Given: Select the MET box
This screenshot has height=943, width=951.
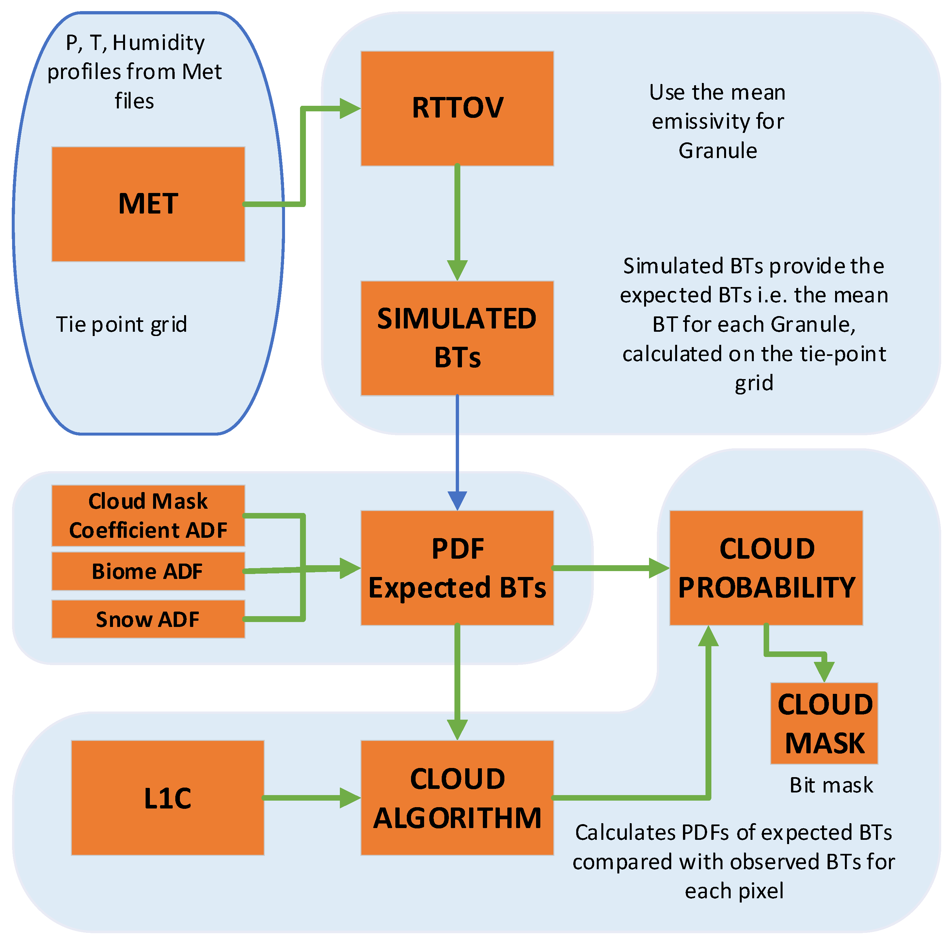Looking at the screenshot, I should pos(148,204).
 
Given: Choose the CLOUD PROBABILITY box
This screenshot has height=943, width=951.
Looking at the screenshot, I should pos(766,568).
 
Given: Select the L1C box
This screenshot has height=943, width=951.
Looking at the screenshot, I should pos(167,798).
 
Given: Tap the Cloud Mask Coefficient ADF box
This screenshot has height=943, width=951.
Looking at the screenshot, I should pos(148,516).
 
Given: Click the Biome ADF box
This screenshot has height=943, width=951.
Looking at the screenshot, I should pos(148,571).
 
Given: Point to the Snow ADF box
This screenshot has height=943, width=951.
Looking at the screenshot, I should pos(148,619).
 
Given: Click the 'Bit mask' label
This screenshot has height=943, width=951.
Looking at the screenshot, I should pos(831,785).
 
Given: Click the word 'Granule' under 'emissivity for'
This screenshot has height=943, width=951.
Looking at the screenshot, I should pos(718,151).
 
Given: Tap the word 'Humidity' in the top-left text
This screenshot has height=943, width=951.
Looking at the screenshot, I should pos(159,43).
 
